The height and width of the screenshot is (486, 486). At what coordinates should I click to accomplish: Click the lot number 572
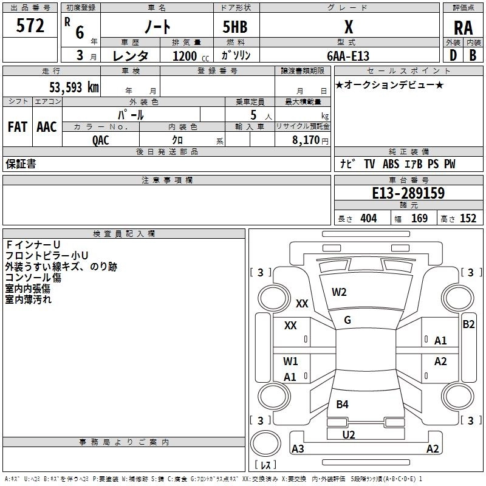click(x=30, y=26)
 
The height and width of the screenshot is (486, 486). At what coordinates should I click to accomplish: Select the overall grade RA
click(x=463, y=28)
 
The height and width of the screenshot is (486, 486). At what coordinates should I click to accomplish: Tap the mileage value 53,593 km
click(x=74, y=87)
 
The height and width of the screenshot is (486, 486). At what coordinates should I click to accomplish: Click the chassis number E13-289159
click(x=408, y=193)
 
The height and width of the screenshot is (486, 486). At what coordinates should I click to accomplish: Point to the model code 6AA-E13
click(x=348, y=56)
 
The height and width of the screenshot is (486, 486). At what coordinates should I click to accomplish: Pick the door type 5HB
click(x=235, y=27)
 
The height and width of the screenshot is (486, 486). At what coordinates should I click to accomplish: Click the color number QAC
click(x=101, y=140)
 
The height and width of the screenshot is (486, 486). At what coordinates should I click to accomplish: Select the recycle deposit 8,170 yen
click(x=310, y=140)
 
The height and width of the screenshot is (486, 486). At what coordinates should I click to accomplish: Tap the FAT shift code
click(x=18, y=127)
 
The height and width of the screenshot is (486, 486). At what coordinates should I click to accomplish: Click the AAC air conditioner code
click(x=47, y=127)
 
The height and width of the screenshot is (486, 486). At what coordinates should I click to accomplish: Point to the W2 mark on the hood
click(x=339, y=292)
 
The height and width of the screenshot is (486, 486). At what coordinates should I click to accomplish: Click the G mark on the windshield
click(x=347, y=320)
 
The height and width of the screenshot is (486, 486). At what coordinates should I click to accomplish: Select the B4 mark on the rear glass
click(x=342, y=404)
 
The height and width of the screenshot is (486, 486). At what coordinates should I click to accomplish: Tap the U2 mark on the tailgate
click(x=348, y=435)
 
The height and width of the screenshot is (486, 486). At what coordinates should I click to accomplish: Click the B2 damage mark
click(x=468, y=324)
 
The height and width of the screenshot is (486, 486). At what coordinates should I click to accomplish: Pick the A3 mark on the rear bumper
click(x=298, y=448)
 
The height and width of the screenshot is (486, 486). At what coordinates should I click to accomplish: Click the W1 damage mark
click(x=290, y=361)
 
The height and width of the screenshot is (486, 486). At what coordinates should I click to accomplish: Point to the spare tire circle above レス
click(x=265, y=443)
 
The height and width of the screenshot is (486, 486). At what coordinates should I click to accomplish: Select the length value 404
click(x=368, y=218)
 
